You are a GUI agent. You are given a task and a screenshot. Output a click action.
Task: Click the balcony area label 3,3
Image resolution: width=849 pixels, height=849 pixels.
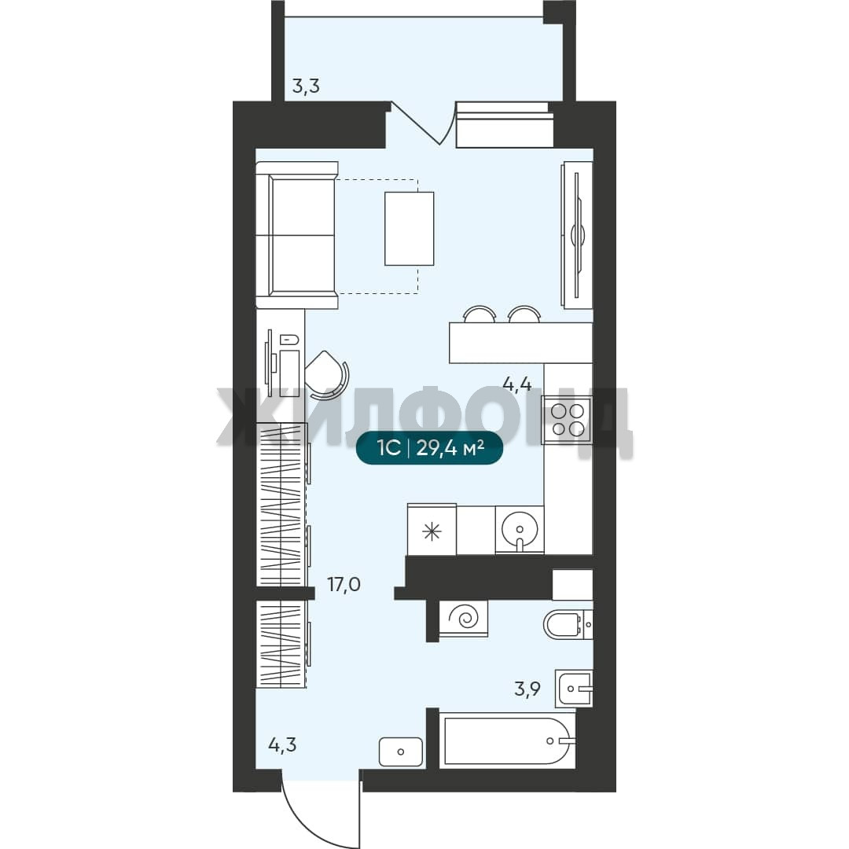click(306, 86)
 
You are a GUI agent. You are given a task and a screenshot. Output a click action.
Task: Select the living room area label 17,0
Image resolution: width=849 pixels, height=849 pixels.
click(344, 584)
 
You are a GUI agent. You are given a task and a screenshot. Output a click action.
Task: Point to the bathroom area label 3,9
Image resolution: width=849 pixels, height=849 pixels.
click(527, 689)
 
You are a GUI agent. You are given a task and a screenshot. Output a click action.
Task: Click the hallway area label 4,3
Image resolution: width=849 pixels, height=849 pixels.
click(283, 745)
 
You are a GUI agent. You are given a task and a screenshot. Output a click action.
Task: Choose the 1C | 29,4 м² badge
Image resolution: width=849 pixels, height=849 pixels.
click(430, 448)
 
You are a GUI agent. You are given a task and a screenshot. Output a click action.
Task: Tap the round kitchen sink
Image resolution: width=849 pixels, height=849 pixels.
click(520, 530)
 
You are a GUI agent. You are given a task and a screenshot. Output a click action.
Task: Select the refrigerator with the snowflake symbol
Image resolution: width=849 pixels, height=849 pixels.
click(432, 530)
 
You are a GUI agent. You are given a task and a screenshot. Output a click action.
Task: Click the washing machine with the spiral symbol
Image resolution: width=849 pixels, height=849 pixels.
click(464, 617)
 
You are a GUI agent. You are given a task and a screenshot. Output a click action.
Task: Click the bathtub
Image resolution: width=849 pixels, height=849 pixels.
click(507, 741)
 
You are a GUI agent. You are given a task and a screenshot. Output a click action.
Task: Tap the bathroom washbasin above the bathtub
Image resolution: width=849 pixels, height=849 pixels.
click(574, 689)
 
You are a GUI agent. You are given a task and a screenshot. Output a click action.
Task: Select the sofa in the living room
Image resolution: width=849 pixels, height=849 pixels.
click(296, 235)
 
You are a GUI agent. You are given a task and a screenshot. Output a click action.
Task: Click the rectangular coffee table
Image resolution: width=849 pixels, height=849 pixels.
click(410, 229)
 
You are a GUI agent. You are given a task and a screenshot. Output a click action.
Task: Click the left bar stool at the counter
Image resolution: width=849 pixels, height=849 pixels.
click(480, 314)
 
